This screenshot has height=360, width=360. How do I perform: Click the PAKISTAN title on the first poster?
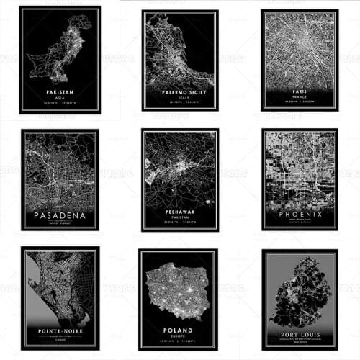tap(60, 93)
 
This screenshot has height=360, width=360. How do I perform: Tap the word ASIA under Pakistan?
tap(60, 99)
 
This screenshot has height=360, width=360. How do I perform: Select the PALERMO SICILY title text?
tap(180, 91)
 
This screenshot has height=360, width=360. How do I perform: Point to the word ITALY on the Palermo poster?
tap(180, 97)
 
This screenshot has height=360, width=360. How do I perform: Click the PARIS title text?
tap(300, 92)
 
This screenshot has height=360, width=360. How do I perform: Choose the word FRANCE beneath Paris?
tap(300, 98)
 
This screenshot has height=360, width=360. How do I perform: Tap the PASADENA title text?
tap(60, 215)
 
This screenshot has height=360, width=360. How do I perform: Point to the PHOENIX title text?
tap(300, 215)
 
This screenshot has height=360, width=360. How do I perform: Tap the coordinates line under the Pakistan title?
tap(60, 104)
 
